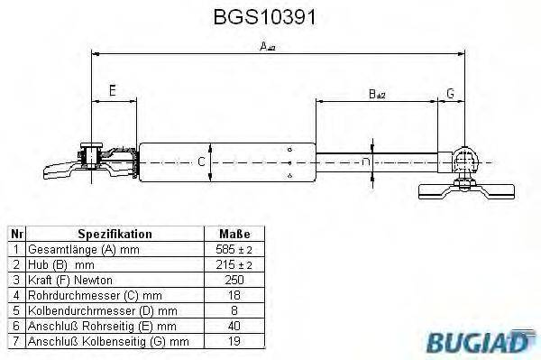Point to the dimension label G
[x=450, y=92]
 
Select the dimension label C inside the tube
[x=202, y=162]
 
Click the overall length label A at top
[x=267, y=47]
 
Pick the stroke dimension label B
[x=376, y=93]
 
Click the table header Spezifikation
[x=115, y=234]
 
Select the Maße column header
[x=234, y=234]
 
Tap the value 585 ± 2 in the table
[x=234, y=248]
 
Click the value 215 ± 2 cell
[x=234, y=263]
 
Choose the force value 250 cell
[x=234, y=279]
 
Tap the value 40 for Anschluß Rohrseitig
[x=234, y=325]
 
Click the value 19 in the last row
[x=234, y=340]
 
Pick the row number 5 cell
[x=15, y=309]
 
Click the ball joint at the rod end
[x=464, y=161]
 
